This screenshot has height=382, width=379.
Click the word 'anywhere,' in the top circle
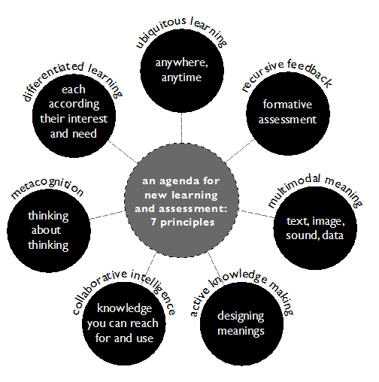tap(182, 62)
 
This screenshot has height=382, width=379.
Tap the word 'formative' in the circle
tap(287, 105)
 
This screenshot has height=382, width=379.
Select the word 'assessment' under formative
tap(287, 120)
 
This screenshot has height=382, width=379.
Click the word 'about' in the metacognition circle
tap(46, 230)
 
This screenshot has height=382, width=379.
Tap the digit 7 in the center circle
tap(153, 222)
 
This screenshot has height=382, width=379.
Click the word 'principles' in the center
tap(187, 223)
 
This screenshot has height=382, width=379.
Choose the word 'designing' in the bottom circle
tap(241, 317)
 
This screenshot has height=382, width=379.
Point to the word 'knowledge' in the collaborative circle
tap(125, 308)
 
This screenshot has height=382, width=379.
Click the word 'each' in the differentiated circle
tap(74, 89)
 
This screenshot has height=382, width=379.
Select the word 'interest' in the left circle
tap(87, 119)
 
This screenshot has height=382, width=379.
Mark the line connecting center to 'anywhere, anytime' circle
tap(181, 128)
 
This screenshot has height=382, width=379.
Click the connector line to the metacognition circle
tap(107, 215)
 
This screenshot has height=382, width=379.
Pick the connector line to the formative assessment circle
tap(240, 151)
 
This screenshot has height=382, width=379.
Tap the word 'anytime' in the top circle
tap(181, 78)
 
